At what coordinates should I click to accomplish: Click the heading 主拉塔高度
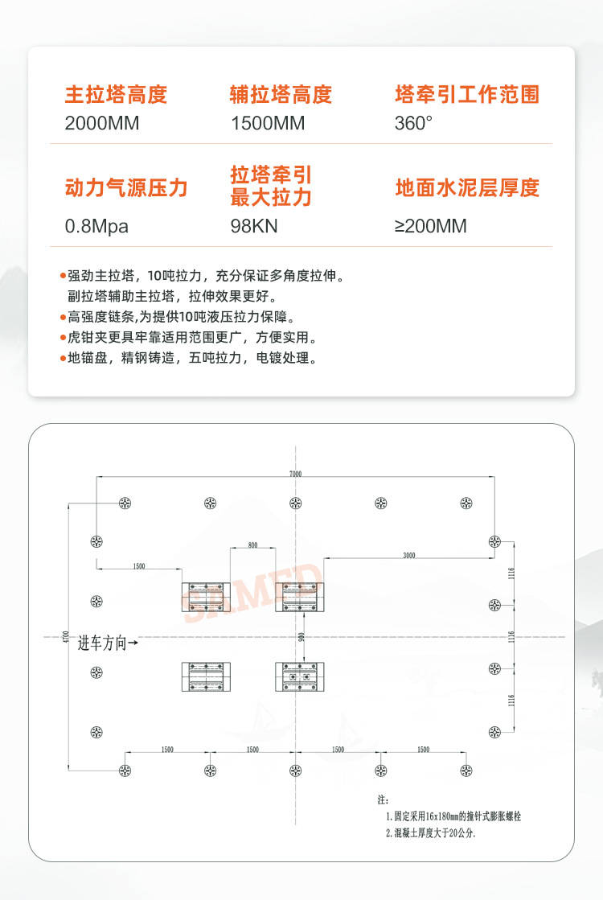[116, 95]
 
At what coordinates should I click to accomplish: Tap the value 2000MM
[102, 124]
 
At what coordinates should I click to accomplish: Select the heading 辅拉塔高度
[281, 95]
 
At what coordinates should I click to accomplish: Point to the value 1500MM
[268, 124]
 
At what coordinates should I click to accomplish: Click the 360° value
[413, 124]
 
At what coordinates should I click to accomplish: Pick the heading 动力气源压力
[125, 188]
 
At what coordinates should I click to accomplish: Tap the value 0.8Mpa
[96, 226]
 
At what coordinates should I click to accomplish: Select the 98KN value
[254, 226]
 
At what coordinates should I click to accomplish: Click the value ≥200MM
[430, 226]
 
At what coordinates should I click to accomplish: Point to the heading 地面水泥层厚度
[466, 188]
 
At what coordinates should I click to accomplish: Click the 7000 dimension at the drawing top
[296, 475]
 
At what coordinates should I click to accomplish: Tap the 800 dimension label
[252, 545]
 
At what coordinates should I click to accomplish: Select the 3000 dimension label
[409, 555]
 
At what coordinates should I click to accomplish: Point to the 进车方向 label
[108, 643]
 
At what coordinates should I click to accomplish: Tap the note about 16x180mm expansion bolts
[453, 816]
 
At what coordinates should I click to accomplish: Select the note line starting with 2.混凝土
[431, 833]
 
